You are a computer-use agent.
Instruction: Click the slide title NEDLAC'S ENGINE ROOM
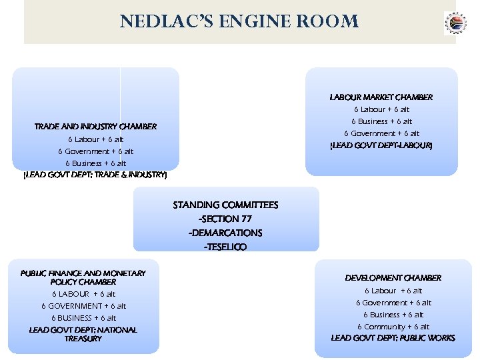[239, 21]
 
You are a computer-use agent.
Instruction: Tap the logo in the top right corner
[455, 23]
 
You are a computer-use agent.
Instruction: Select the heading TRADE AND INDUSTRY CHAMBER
[95, 126]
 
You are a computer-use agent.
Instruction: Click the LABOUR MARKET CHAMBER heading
[381, 97]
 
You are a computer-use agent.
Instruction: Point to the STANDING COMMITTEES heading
[225, 205]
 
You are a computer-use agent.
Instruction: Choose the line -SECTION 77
[225, 219]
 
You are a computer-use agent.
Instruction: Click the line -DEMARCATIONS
[225, 233]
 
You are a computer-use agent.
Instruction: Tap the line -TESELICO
[225, 247]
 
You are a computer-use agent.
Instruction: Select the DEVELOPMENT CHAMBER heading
[393, 277]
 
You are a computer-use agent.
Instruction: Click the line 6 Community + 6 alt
[393, 327]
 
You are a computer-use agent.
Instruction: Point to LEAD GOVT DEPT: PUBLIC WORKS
[393, 338]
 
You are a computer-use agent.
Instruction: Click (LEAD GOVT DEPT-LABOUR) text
[381, 145]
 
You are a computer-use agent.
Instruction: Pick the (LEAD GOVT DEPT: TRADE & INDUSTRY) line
[95, 175]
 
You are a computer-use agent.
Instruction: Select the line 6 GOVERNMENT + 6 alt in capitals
[83, 306]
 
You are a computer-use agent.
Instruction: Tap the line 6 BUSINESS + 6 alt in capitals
[83, 318]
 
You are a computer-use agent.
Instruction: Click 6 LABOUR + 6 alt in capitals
[83, 294]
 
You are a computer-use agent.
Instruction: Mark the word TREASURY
[83, 339]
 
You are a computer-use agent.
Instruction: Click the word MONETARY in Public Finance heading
[125, 273]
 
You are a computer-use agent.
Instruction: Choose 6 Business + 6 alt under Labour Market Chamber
[381, 121]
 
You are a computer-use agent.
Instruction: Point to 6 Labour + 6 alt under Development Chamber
[393, 291]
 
